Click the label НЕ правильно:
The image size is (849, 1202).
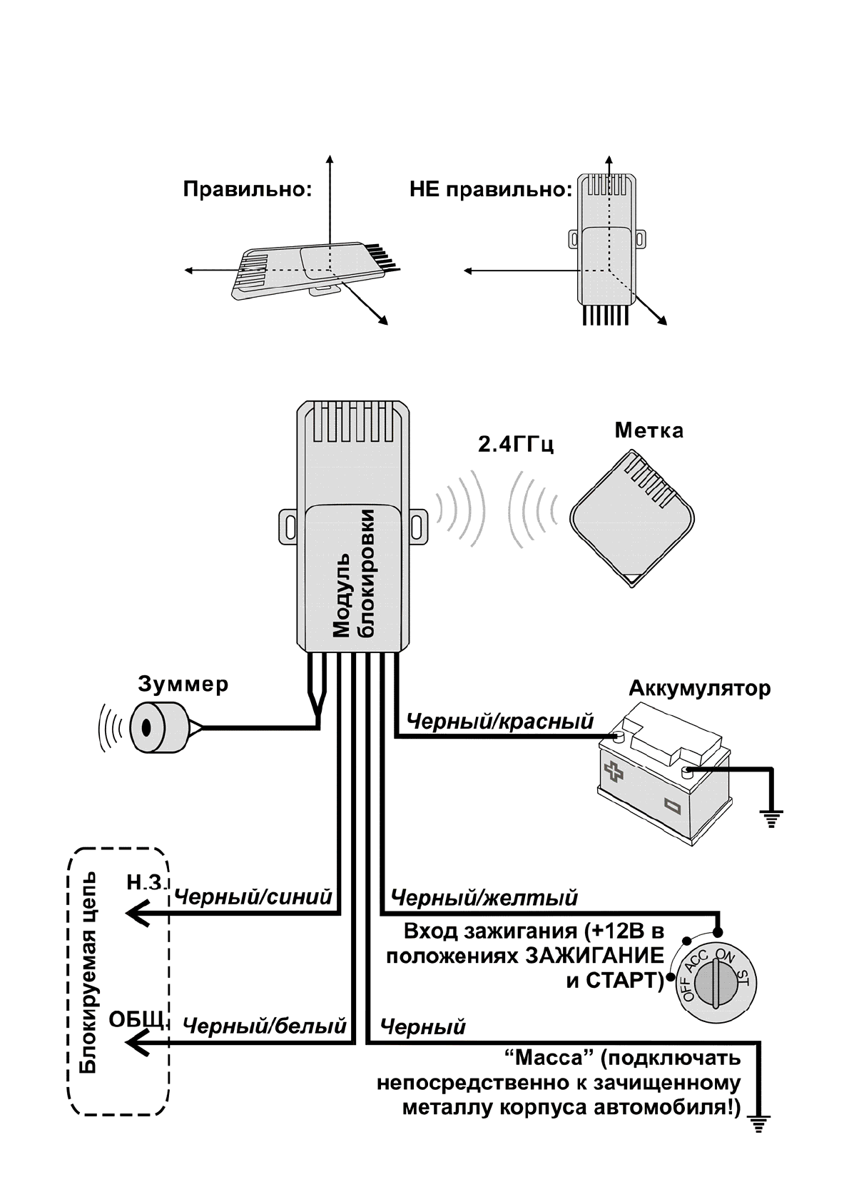pyautogui.click(x=490, y=191)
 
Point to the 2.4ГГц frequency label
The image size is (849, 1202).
pyautogui.click(x=516, y=445)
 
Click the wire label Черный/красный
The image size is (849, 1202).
pyautogui.click(x=499, y=722)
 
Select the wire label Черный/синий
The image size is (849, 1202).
pyautogui.click(x=253, y=897)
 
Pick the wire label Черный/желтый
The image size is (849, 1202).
pyautogui.click(x=484, y=897)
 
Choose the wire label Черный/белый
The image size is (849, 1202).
pyautogui.click(x=265, y=1026)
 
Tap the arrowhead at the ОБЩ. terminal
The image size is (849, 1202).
pyautogui.click(x=136, y=1044)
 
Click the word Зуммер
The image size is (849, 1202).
pyautogui.click(x=183, y=685)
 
